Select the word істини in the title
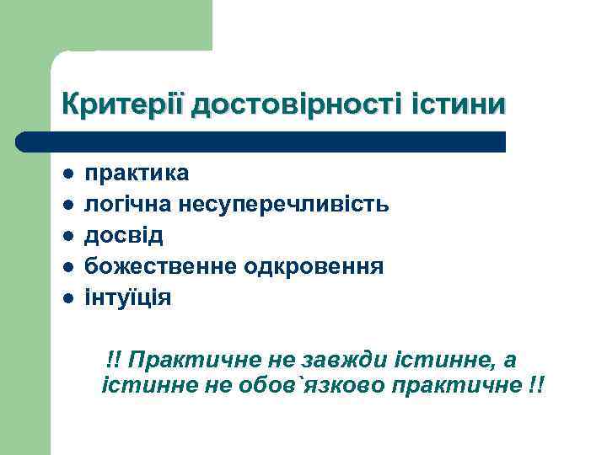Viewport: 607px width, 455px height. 459,105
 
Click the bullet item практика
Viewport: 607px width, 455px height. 137,174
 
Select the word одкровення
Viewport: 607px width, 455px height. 314,267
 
